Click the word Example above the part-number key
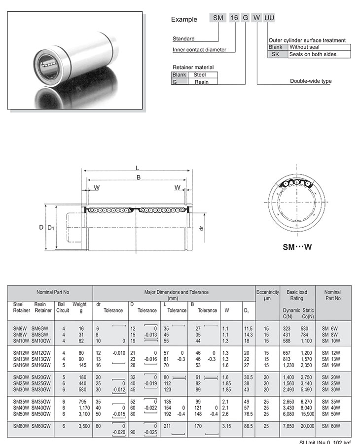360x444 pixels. point(184,20)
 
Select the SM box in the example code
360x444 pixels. point(218,18)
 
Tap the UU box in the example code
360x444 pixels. point(269,18)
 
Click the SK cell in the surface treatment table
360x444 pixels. point(275,54)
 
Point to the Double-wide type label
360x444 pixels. point(311,81)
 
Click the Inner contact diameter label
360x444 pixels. point(199,50)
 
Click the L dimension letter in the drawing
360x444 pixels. point(137,168)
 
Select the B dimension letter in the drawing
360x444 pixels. point(139,177)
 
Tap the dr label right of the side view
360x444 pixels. point(201,229)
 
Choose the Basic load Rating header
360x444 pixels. point(296,295)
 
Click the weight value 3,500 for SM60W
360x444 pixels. point(82,425)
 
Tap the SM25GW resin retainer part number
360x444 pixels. point(41,383)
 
